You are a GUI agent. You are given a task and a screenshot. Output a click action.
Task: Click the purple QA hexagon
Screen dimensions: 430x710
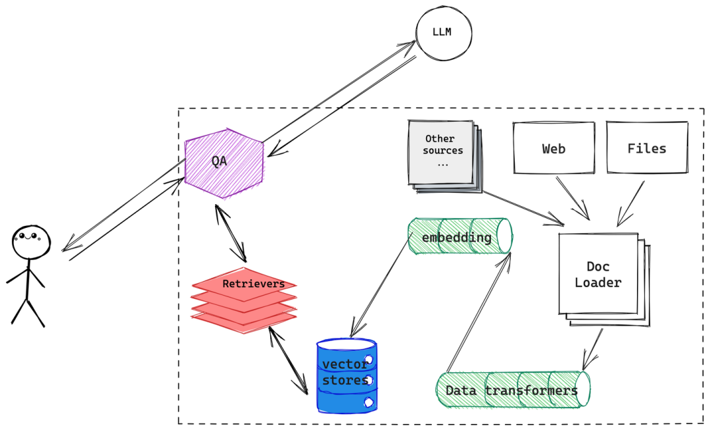tap(225, 163)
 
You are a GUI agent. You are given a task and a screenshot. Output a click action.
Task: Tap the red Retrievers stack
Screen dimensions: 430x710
tap(244, 300)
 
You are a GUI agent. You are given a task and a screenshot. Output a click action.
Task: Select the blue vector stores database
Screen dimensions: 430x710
tap(346, 375)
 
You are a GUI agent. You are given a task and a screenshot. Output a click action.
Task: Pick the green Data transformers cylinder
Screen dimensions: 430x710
tap(513, 390)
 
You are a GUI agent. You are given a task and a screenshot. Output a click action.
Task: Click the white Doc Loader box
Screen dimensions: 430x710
tap(598, 275)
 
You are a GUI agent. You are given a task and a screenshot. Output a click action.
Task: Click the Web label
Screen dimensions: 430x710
tap(554, 149)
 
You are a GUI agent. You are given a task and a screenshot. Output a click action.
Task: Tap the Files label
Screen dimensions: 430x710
tap(646, 149)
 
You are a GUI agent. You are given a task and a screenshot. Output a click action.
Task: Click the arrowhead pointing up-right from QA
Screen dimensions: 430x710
tap(409, 45)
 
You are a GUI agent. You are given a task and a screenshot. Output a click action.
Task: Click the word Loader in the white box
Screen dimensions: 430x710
tap(598, 283)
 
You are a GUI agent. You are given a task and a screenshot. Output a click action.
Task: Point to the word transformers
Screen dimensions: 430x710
tap(531, 390)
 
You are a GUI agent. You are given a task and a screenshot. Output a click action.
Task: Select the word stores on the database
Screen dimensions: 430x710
tap(345, 381)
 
